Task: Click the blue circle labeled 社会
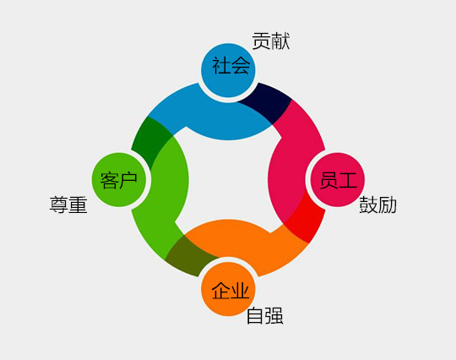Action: click(228, 70)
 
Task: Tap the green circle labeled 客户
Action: click(119, 180)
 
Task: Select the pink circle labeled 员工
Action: click(338, 180)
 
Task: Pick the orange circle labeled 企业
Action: click(228, 289)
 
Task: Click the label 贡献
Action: click(271, 41)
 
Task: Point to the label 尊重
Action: click(68, 205)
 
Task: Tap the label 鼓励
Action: click(377, 205)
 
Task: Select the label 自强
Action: click(265, 316)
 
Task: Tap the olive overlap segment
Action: click(189, 257)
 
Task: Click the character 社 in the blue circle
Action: click(220, 66)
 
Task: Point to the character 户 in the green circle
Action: click(128, 181)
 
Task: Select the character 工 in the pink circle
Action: click(347, 181)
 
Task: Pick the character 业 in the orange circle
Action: click(240, 291)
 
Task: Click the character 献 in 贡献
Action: click(280, 41)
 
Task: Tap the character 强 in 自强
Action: click(274, 316)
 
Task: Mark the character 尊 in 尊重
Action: click(59, 205)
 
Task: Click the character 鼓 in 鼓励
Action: click(368, 205)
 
